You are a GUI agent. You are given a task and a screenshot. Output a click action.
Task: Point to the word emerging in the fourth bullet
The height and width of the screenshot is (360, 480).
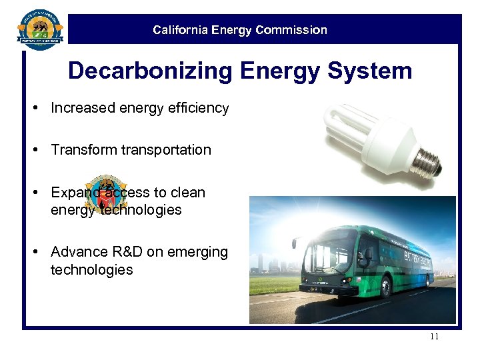200,253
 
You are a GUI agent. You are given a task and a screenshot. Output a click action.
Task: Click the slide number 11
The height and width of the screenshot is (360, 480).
434,337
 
